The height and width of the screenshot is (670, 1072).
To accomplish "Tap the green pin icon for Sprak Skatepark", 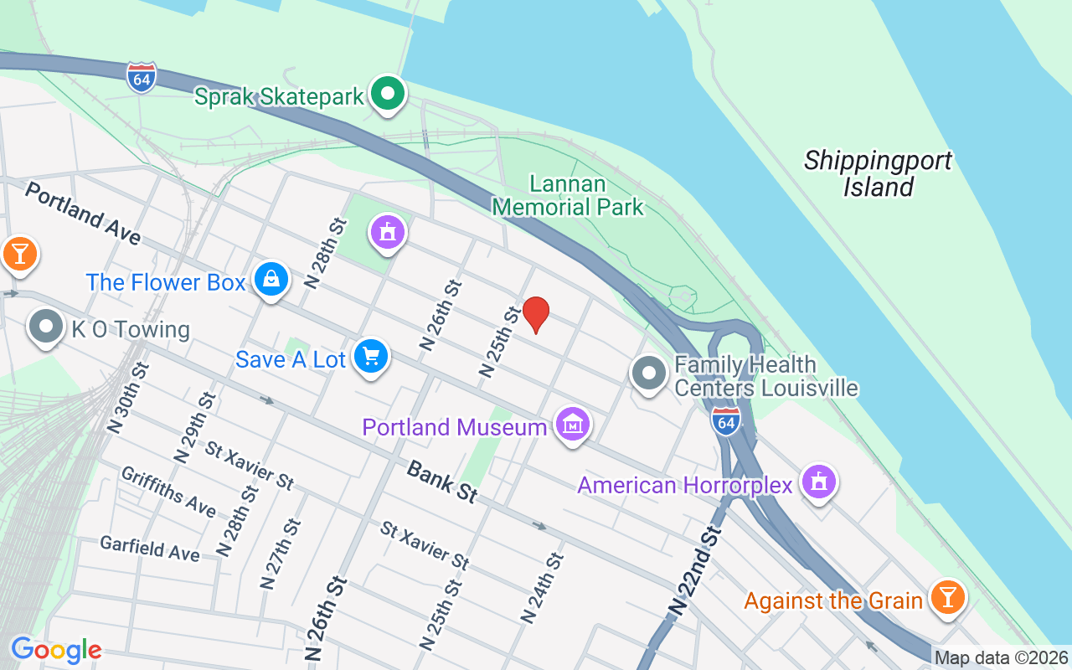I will [x=388, y=94].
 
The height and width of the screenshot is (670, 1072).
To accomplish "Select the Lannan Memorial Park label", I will [x=569, y=194].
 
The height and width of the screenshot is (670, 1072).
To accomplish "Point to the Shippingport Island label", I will [x=878, y=173].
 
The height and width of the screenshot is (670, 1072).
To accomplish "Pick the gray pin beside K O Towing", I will [x=46, y=327].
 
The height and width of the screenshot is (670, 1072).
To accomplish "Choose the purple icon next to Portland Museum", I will [x=573, y=425].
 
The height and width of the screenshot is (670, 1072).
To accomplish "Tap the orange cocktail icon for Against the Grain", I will [x=947, y=598].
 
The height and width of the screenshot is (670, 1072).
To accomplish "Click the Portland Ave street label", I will [x=82, y=214].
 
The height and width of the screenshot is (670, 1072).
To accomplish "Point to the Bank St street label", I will [x=441, y=481].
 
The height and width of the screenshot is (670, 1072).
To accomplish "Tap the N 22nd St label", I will [x=695, y=573].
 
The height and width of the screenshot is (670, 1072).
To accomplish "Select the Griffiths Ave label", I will [x=168, y=492].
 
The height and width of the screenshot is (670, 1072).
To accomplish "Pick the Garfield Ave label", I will [x=150, y=549].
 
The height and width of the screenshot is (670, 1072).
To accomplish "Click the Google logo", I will [x=56, y=650].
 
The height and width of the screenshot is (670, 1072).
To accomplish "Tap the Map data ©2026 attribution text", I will [x=1002, y=658].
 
